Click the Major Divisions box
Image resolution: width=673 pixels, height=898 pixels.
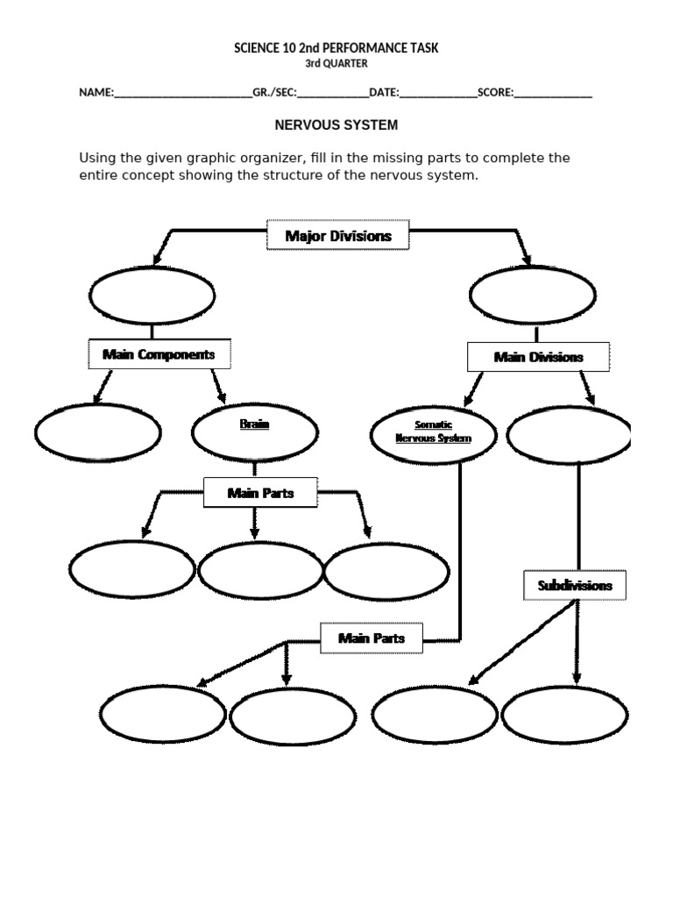pos(337,235)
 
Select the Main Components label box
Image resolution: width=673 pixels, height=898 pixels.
pos(158,354)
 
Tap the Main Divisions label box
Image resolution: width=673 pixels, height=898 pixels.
pos(537,357)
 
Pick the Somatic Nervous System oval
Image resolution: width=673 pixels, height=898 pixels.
pos(433,432)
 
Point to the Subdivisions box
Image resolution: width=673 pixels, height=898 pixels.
pos(575,585)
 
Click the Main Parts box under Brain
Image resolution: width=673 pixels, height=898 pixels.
pos(260,493)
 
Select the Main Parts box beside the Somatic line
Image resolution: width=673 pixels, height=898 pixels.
pos(372,638)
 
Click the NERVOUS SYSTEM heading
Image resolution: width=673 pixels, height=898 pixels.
pos(336,125)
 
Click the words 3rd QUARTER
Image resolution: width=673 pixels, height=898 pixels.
pos(336,63)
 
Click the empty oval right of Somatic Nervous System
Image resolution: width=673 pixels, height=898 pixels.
pos(570,434)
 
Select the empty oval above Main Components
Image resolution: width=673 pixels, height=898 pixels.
pos(152,296)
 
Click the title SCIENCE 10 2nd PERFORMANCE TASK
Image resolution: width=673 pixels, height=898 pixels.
pos(336,48)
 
